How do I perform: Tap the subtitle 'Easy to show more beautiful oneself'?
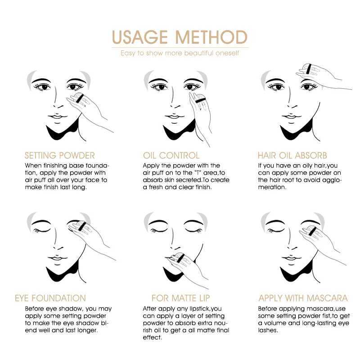pos(180,53)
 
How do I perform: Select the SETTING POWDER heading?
pos(59,156)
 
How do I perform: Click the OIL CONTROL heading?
pos(171,156)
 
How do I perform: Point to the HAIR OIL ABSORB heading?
pos(292,156)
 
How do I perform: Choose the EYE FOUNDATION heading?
pos(50,298)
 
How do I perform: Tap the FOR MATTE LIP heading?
pos(180,298)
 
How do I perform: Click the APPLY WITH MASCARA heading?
pos(303,298)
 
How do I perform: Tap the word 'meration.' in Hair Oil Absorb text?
pos(272,187)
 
